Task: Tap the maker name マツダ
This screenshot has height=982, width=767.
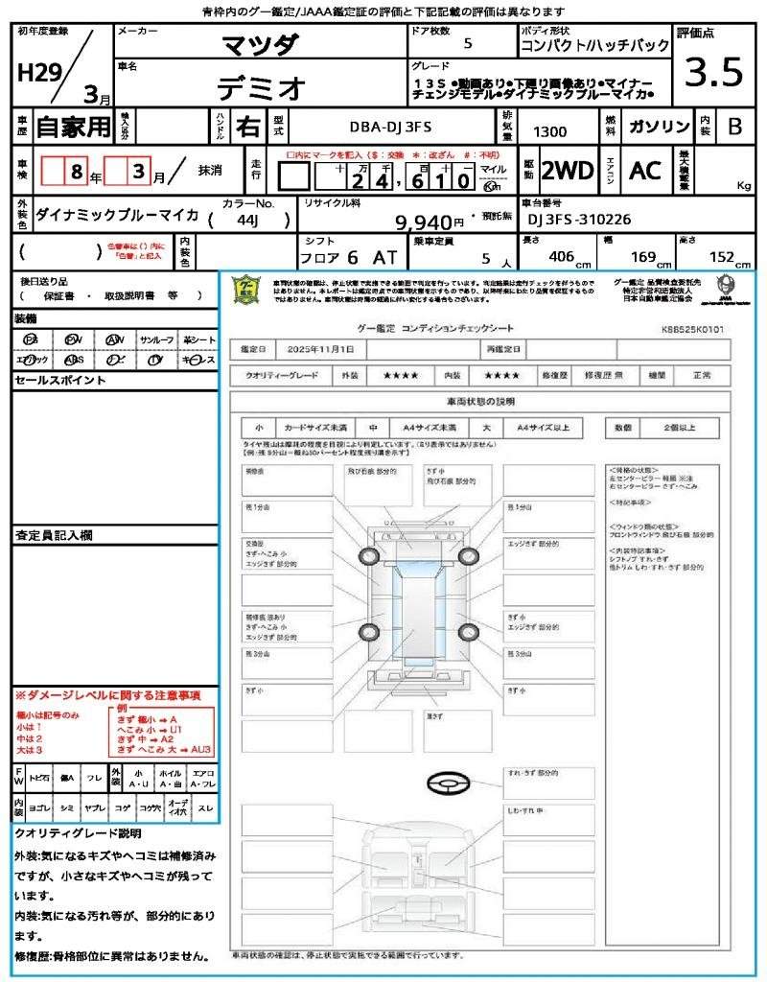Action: pos(260,44)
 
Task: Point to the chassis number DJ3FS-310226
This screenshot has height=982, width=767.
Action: pos(579,220)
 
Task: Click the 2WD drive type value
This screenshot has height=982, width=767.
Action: pos(568,171)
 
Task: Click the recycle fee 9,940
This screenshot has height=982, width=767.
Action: pos(423,222)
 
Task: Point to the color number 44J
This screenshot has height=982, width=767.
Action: pos(250,220)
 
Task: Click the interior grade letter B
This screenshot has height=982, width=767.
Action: pos(734,126)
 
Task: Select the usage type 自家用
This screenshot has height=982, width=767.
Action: pos(73,126)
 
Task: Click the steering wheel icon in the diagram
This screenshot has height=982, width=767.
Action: pos(447,784)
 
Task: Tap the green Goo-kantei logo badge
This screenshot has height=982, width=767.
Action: pos(246,289)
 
